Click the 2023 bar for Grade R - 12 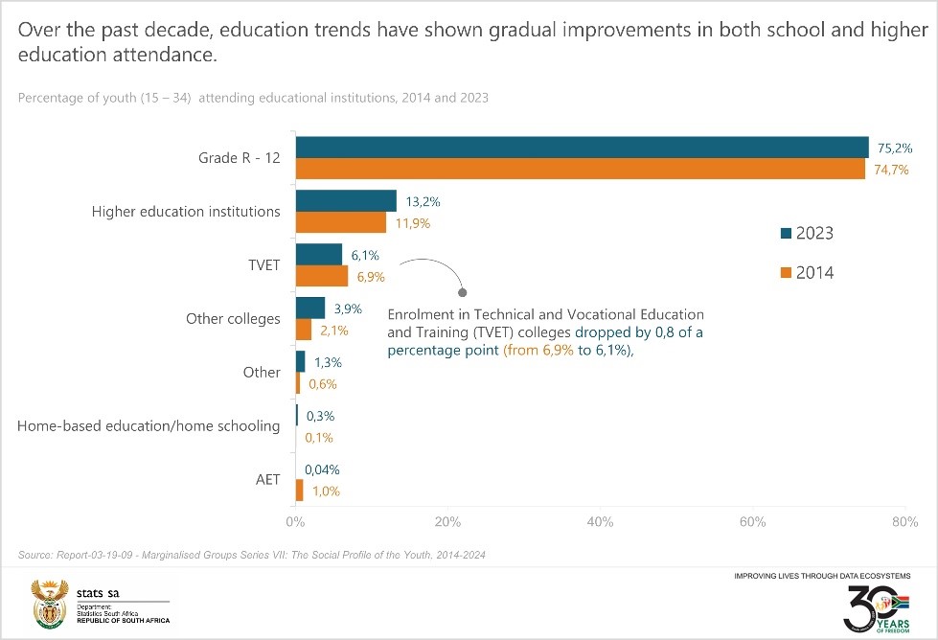582,147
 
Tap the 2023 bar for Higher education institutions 346,200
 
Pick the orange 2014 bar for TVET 322,276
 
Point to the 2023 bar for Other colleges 310,308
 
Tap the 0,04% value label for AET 323,469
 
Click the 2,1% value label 334,331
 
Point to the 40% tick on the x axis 600,522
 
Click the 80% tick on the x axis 904,522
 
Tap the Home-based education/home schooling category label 149,425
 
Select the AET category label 268,479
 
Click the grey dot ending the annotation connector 463,291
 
